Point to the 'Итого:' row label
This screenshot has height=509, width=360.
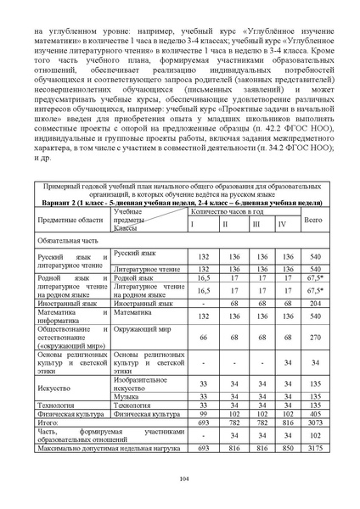(48, 422)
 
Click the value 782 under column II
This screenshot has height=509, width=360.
(231, 422)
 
